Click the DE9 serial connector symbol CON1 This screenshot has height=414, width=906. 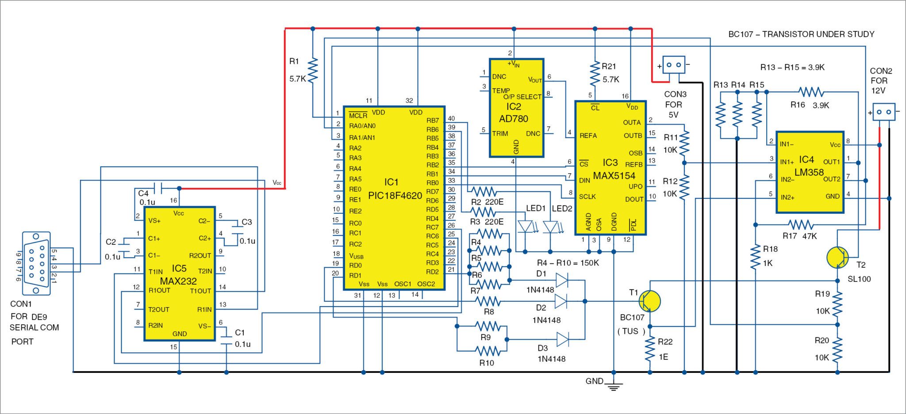pos(36,263)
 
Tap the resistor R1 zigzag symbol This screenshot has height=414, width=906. pos(313,70)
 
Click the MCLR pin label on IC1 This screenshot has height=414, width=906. pos(358,116)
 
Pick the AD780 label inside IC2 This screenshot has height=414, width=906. pos(514,119)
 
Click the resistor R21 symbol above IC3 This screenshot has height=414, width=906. pos(595,73)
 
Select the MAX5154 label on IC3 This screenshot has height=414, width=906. pos(614,176)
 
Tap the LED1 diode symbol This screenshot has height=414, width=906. pos(525,227)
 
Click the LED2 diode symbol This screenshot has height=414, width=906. pos(550,227)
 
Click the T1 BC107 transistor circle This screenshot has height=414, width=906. pos(649,301)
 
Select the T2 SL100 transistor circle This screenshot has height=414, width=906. pos(837,257)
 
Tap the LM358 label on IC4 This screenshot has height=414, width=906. pos(809,172)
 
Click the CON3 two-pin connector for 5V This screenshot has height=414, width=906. pos(673,65)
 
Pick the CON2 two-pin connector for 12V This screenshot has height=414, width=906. pos(883,112)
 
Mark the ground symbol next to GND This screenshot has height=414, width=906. pos(614,387)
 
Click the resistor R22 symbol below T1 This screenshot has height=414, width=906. pos(649,349)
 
